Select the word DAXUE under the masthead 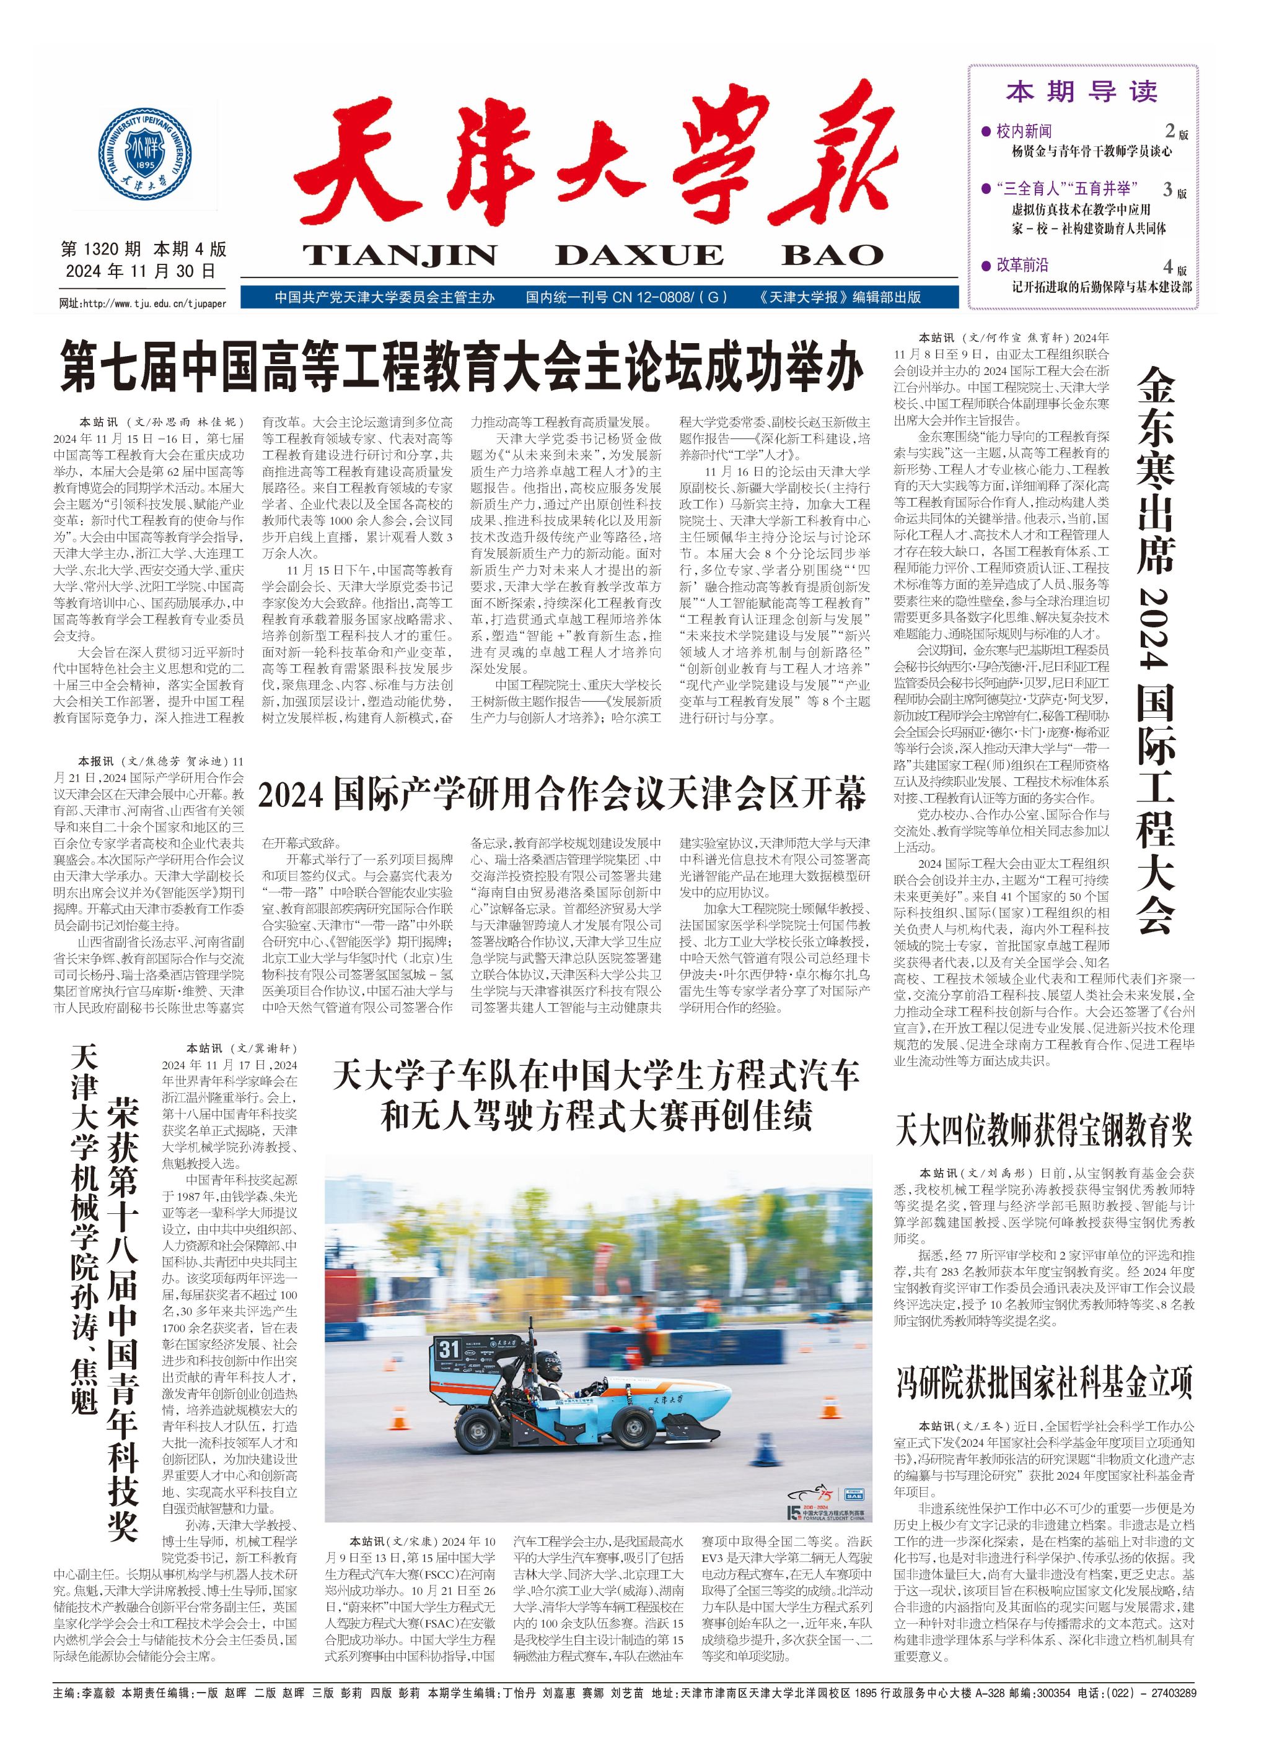(x=639, y=254)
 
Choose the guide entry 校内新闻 (x=1024, y=131)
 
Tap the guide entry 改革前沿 (x=1022, y=266)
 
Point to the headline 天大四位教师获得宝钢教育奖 (x=1043, y=1131)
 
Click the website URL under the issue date (x=143, y=303)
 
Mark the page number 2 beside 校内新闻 (x=1169, y=131)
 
